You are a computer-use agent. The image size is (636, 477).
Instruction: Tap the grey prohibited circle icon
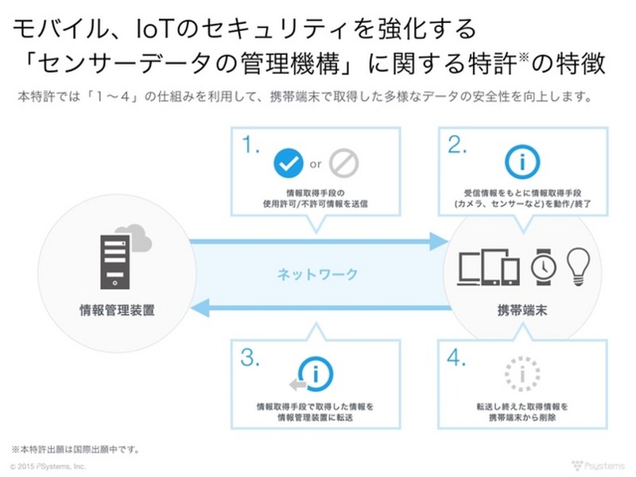[x=343, y=164]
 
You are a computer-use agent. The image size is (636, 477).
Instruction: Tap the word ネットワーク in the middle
[x=317, y=275]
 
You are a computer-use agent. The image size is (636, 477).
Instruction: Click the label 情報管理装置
[x=118, y=309]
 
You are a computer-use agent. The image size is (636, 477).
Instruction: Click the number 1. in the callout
[x=251, y=145]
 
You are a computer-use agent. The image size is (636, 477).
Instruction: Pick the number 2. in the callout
[x=456, y=145]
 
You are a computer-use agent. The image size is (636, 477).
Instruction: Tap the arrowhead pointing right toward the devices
[x=436, y=241]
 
